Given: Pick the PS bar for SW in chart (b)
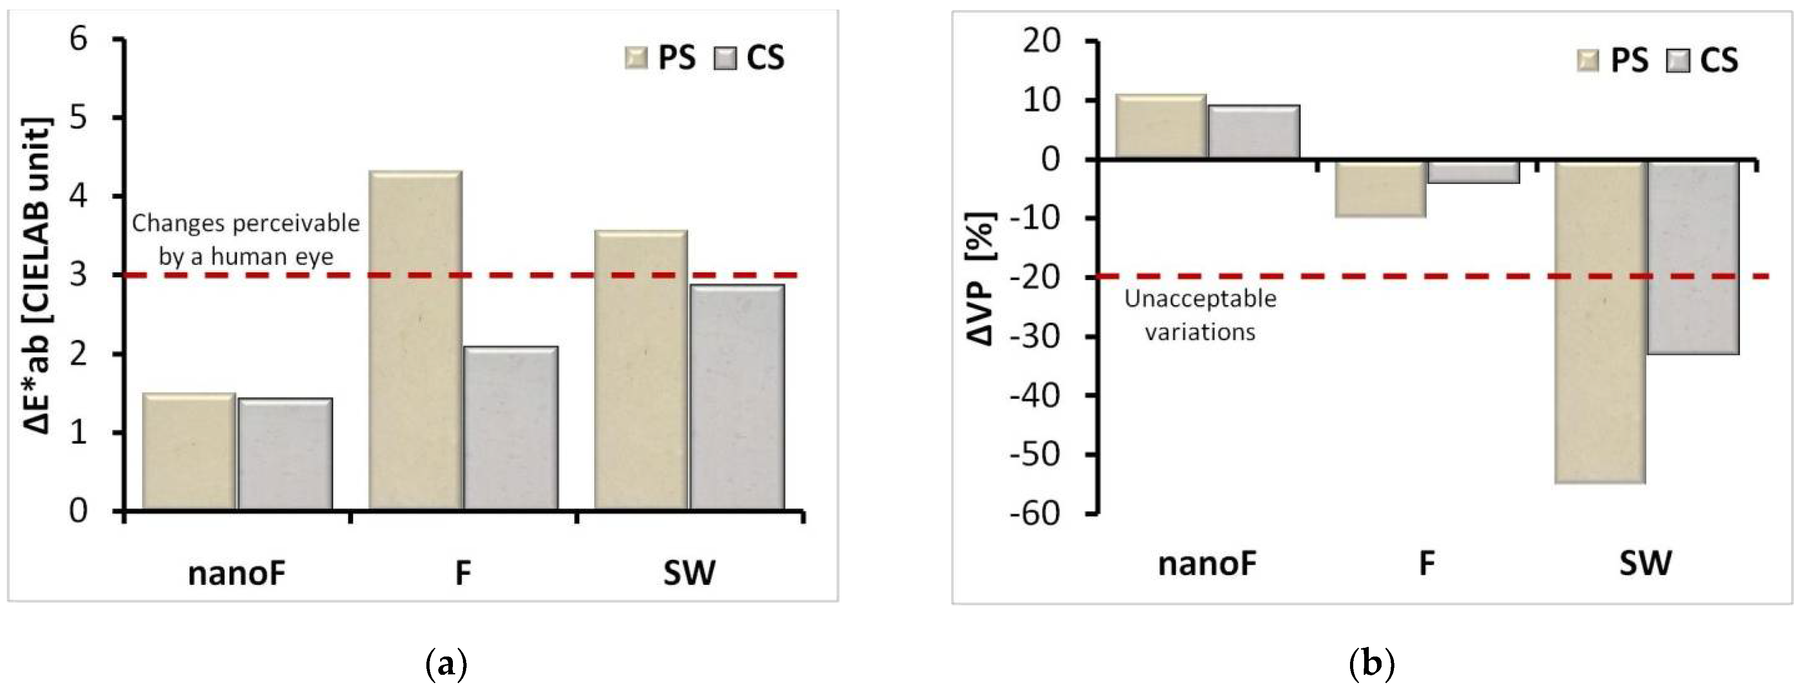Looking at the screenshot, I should [x=1601, y=322].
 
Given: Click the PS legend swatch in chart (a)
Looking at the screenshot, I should [x=636, y=58].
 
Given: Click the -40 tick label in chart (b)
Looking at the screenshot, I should [x=1033, y=396].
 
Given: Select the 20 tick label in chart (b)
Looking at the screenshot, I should [x=1040, y=42].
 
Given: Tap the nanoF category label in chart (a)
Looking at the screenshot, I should [x=237, y=574].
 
